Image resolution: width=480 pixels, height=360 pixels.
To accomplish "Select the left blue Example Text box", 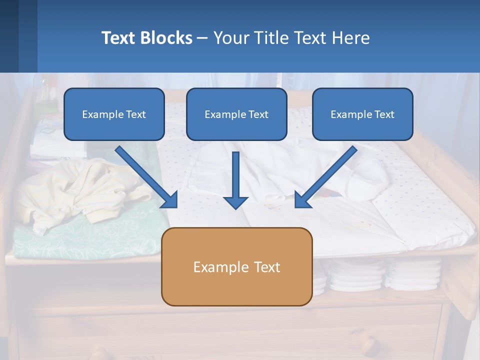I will pos(114,114).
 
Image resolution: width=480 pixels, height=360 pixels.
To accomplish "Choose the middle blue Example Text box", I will pos(236,114).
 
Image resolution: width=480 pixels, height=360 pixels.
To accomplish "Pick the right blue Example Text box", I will pos(362,114).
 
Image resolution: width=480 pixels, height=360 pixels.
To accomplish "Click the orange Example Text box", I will pos(236,267).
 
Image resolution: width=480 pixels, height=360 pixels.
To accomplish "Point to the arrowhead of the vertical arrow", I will pos(235,202).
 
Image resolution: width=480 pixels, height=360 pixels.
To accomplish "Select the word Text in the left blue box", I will pos(136,114).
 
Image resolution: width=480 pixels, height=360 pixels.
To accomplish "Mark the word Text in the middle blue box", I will pos(258,114).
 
